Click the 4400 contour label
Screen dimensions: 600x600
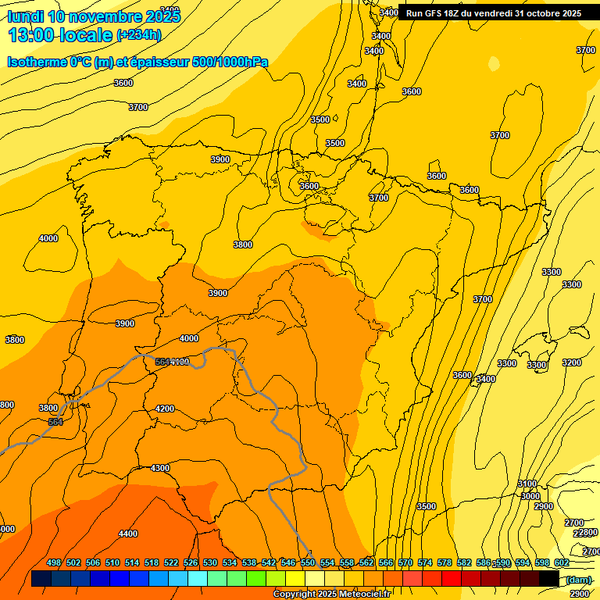click(x=128, y=534)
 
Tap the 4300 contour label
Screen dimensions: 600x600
click(x=160, y=468)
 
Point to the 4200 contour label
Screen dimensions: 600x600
click(x=165, y=409)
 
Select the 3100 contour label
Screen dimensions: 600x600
click(x=527, y=484)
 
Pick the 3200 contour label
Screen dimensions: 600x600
click(x=572, y=362)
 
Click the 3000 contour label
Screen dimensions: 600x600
click(x=530, y=496)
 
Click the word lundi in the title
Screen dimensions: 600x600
click(x=25, y=16)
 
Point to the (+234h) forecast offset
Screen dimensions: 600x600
click(x=139, y=34)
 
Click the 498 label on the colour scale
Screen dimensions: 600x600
click(x=54, y=562)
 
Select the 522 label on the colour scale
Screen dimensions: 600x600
click(x=171, y=562)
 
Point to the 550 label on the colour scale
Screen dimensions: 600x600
click(x=308, y=562)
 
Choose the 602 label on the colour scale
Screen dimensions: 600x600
click(x=562, y=562)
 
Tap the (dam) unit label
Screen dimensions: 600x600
click(x=579, y=579)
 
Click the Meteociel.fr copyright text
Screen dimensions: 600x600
click(x=332, y=595)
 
